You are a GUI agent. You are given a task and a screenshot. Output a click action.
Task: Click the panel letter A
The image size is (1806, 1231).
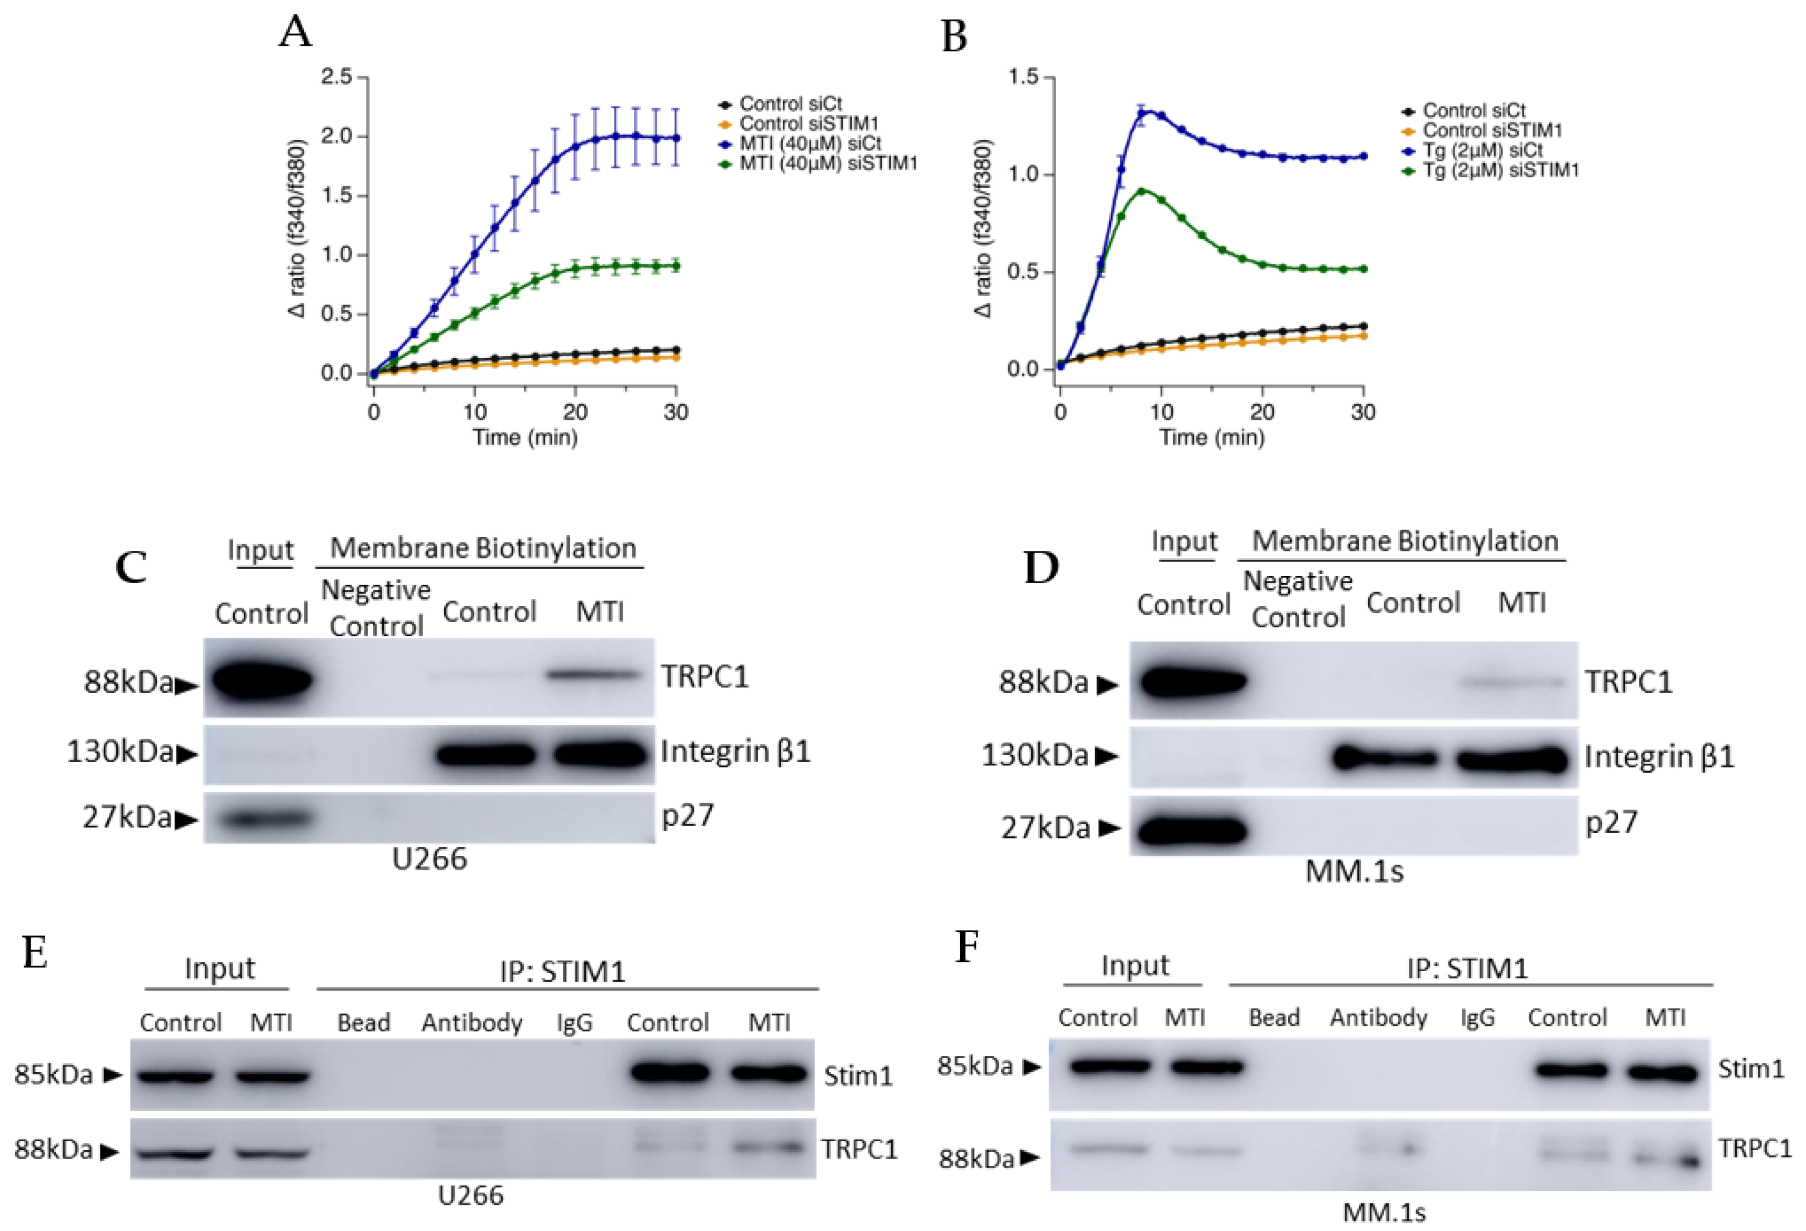tap(295, 33)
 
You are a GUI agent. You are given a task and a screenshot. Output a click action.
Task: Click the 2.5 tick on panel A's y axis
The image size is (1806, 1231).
tap(336, 77)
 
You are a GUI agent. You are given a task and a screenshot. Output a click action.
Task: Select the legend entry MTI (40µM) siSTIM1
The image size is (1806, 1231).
tap(827, 164)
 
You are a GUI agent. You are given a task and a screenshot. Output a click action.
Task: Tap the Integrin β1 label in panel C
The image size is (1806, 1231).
tap(735, 752)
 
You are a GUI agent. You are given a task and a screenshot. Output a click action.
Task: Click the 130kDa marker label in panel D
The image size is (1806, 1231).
tap(1034, 755)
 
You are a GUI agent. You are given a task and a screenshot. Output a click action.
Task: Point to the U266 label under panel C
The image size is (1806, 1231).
tap(430, 860)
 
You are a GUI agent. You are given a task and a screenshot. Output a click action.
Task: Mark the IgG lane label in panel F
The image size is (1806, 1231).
tap(1476, 1017)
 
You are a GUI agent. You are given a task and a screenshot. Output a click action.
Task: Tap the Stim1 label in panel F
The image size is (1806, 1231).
tap(1751, 1069)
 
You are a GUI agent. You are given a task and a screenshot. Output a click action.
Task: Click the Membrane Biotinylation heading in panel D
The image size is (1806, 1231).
tap(1405, 541)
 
